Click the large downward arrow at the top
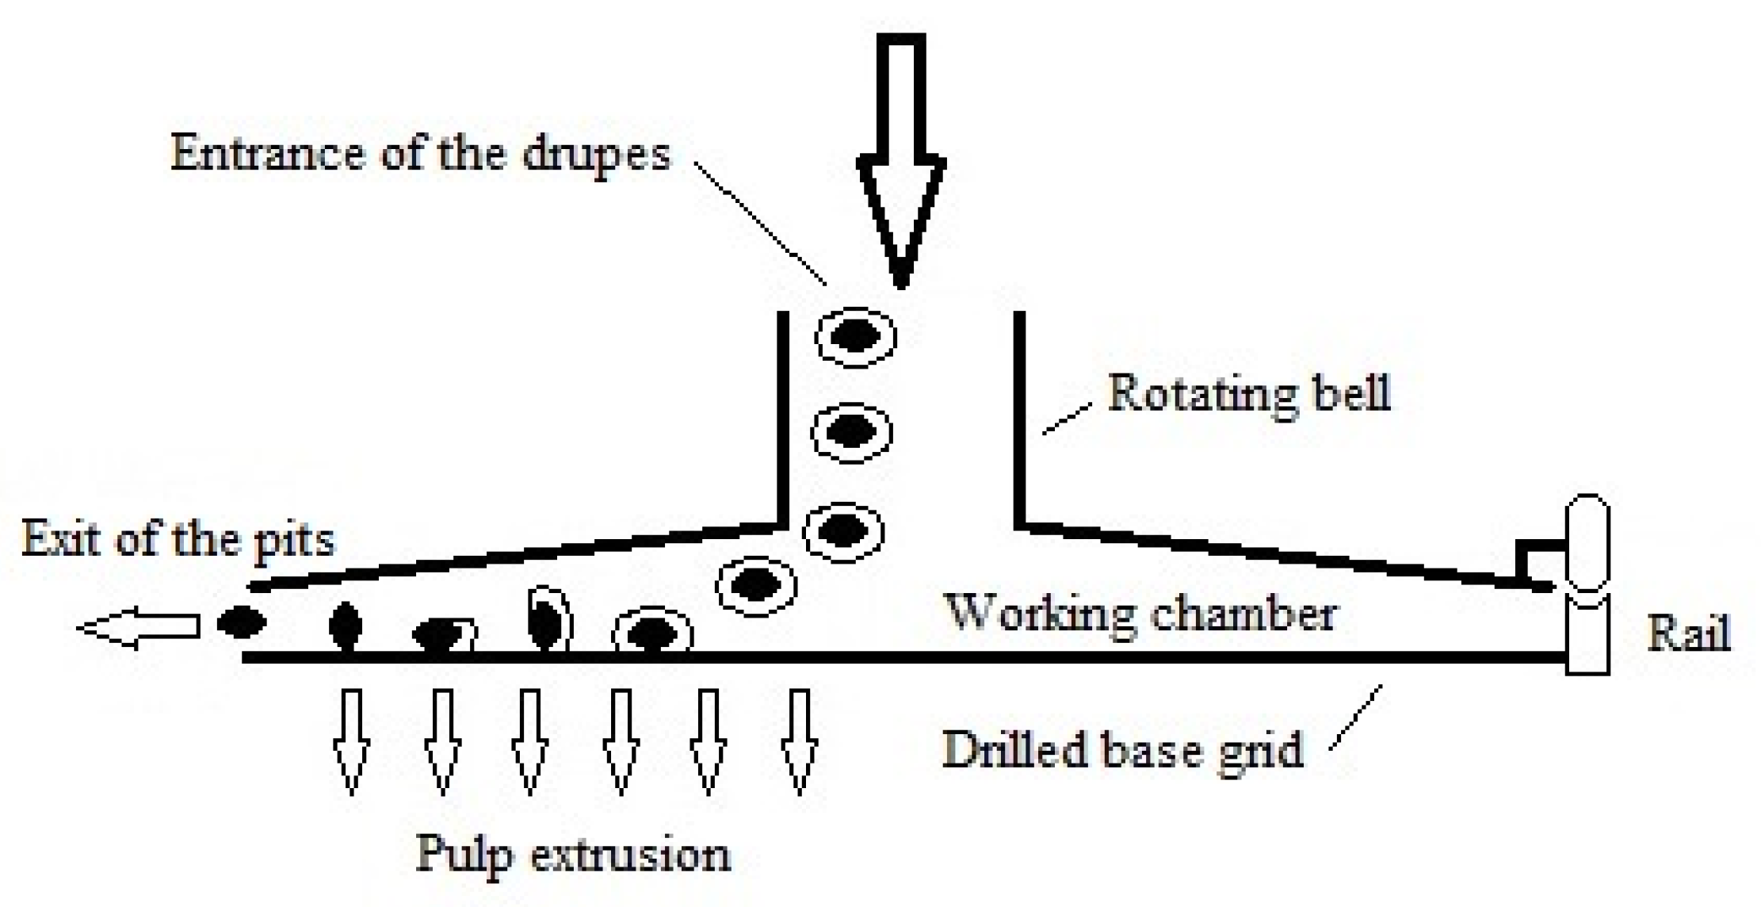(901, 159)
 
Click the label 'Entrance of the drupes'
(420, 153)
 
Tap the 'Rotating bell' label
(1248, 393)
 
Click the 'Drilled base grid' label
(1122, 750)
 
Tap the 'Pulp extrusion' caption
(573, 855)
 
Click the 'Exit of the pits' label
(178, 540)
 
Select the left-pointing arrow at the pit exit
(139, 628)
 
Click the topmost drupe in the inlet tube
(856, 337)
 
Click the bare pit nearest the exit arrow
(242, 622)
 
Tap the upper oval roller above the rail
(1587, 543)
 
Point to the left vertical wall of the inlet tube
(783, 420)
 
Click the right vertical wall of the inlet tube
(1019, 420)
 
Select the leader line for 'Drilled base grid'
(1356, 717)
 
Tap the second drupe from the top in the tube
(852, 433)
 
